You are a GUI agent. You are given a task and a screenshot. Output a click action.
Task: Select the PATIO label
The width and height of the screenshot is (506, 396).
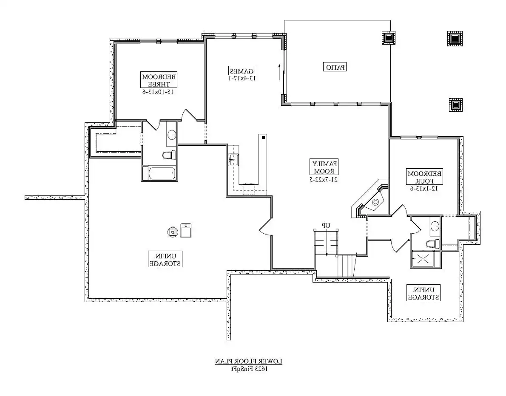point(336,67)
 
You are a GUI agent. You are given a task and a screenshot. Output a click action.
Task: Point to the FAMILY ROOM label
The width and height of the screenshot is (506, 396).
point(325,167)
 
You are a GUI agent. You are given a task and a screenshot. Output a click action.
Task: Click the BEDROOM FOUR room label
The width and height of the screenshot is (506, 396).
point(425,177)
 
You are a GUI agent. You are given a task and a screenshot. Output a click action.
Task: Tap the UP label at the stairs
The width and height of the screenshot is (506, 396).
point(326,225)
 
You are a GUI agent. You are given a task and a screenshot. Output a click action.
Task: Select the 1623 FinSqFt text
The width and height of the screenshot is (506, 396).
point(249,368)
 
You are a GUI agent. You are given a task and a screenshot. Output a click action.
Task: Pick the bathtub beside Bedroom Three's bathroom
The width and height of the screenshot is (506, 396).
point(162,173)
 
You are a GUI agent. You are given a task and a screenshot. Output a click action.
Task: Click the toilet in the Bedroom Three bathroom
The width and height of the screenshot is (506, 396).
point(169,155)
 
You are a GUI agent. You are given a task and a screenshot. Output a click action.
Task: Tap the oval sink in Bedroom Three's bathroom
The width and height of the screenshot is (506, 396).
point(171,135)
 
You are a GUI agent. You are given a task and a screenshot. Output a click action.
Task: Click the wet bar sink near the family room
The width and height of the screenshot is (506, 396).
point(233,160)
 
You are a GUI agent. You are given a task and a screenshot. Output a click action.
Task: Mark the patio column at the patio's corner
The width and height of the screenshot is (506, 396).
point(388,38)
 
